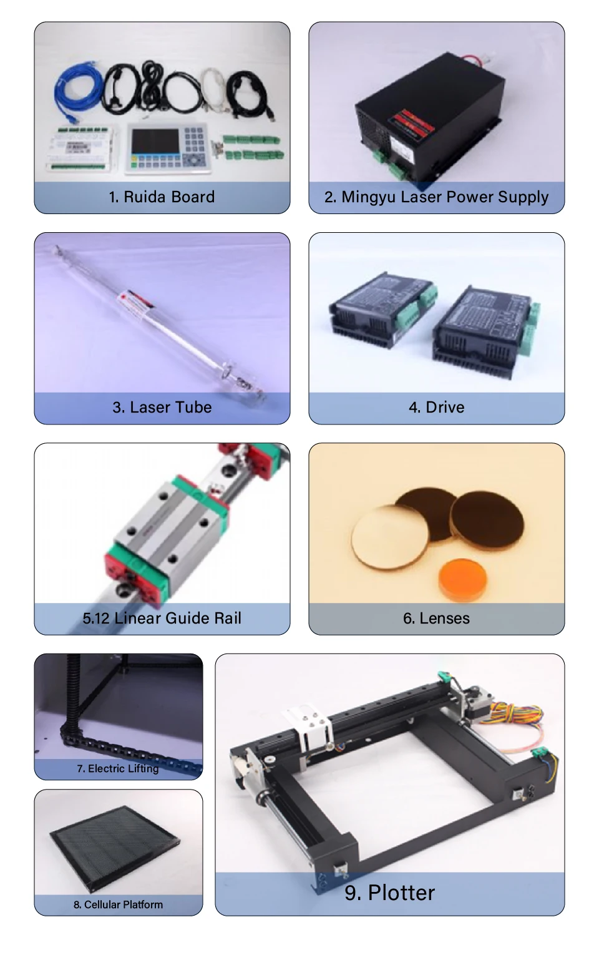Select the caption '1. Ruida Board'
tap(162, 197)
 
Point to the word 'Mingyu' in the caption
tap(369, 197)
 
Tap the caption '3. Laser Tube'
tap(162, 408)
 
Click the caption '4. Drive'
tap(436, 408)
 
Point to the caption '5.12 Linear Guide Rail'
tap(162, 619)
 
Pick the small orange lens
tap(464, 578)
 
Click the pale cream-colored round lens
tap(389, 537)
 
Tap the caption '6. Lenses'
tap(436, 619)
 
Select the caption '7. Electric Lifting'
tap(118, 769)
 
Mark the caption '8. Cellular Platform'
tap(118, 905)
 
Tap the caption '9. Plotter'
tap(389, 893)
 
